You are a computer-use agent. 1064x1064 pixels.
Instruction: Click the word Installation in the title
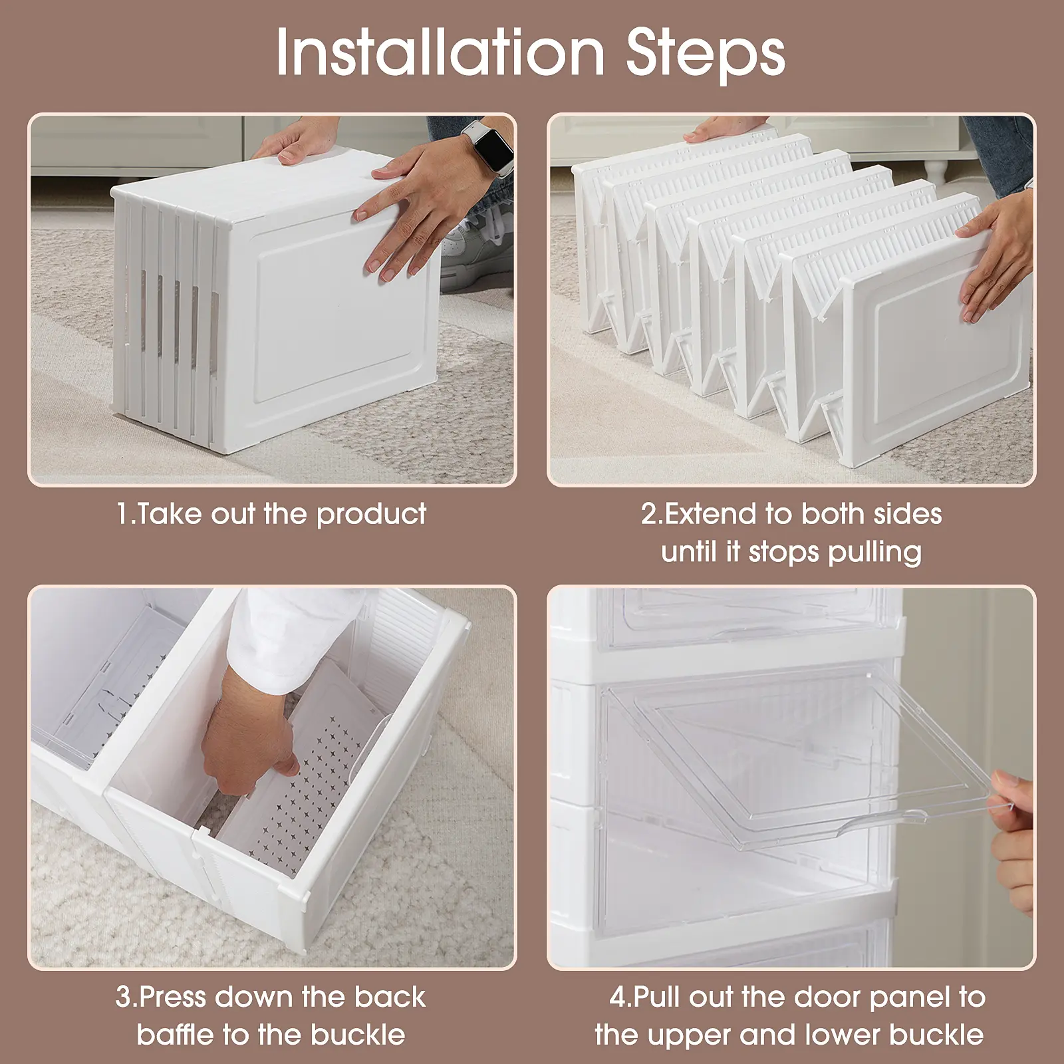440,51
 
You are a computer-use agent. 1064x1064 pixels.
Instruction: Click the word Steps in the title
706,51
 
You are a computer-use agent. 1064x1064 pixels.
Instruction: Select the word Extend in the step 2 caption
710,514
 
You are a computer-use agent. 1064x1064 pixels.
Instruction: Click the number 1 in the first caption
122,515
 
